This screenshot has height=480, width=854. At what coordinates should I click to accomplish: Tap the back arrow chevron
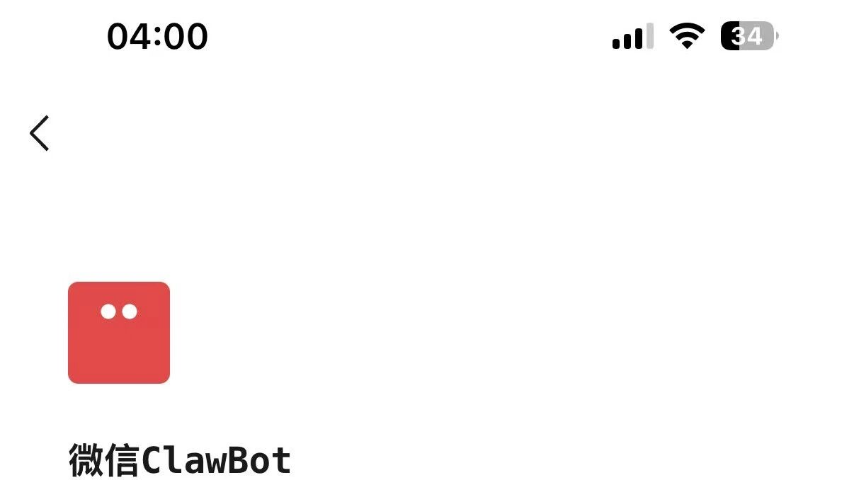pos(40,133)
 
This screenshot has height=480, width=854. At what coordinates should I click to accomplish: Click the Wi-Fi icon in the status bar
pos(687,35)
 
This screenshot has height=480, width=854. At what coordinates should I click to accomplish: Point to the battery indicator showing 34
pos(748,35)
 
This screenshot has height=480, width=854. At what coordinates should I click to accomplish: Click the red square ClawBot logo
pos(119,333)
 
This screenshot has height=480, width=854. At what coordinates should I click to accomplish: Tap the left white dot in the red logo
pos(108,312)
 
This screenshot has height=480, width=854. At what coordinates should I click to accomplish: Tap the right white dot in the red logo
pos(130,312)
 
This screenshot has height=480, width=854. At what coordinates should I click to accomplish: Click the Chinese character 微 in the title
pos(86,460)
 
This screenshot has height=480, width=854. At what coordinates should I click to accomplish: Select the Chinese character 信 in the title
pos(123,460)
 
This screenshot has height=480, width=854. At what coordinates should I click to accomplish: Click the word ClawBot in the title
pos(216,460)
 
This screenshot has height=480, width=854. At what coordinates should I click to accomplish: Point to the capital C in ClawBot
pos(152,460)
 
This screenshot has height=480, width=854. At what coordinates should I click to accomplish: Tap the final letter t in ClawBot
pos(281,461)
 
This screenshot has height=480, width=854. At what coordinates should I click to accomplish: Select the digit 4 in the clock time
pos(142,36)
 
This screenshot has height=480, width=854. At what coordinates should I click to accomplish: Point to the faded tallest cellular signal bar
pos(649,35)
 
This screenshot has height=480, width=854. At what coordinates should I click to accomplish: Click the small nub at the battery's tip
pos(777,35)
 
